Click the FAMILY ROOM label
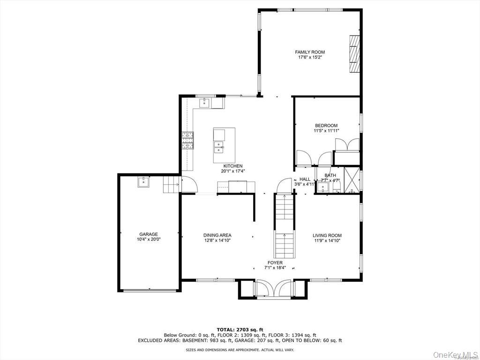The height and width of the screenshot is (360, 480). [309, 52]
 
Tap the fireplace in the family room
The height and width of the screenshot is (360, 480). [355, 54]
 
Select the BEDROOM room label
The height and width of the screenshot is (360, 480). [326, 125]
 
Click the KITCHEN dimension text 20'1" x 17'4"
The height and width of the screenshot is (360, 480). [232, 172]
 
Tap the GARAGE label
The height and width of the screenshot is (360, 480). [148, 234]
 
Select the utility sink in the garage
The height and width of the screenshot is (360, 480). [143, 182]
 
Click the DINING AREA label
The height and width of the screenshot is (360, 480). [217, 235]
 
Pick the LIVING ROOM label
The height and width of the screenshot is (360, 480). [327, 235]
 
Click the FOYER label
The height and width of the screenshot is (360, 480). [275, 262]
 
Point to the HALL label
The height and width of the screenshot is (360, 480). [305, 179]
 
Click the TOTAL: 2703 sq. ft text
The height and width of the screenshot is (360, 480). [240, 330]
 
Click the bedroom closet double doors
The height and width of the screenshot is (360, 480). [347, 145]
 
